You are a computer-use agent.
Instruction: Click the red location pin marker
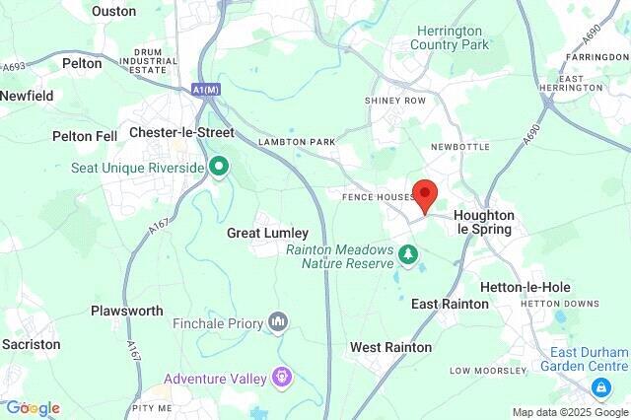click(x=425, y=195)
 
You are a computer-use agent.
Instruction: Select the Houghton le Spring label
click(x=483, y=222)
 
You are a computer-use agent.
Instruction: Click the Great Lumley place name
click(x=267, y=234)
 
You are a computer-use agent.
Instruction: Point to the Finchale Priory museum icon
click(x=280, y=321)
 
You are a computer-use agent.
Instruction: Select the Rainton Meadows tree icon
click(x=408, y=256)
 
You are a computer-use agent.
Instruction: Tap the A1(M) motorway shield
click(x=205, y=90)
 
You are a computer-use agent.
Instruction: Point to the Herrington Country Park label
click(x=452, y=38)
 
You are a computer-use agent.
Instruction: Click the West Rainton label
click(x=390, y=348)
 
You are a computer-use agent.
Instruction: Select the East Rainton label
click(x=450, y=304)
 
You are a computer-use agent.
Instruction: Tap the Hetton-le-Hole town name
click(x=525, y=287)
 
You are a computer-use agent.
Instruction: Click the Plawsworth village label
click(x=127, y=311)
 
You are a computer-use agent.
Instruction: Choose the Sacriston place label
click(x=31, y=344)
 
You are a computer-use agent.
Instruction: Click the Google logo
click(x=33, y=408)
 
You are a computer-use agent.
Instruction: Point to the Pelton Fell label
click(x=86, y=135)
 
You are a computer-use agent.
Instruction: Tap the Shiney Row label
click(x=395, y=101)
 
